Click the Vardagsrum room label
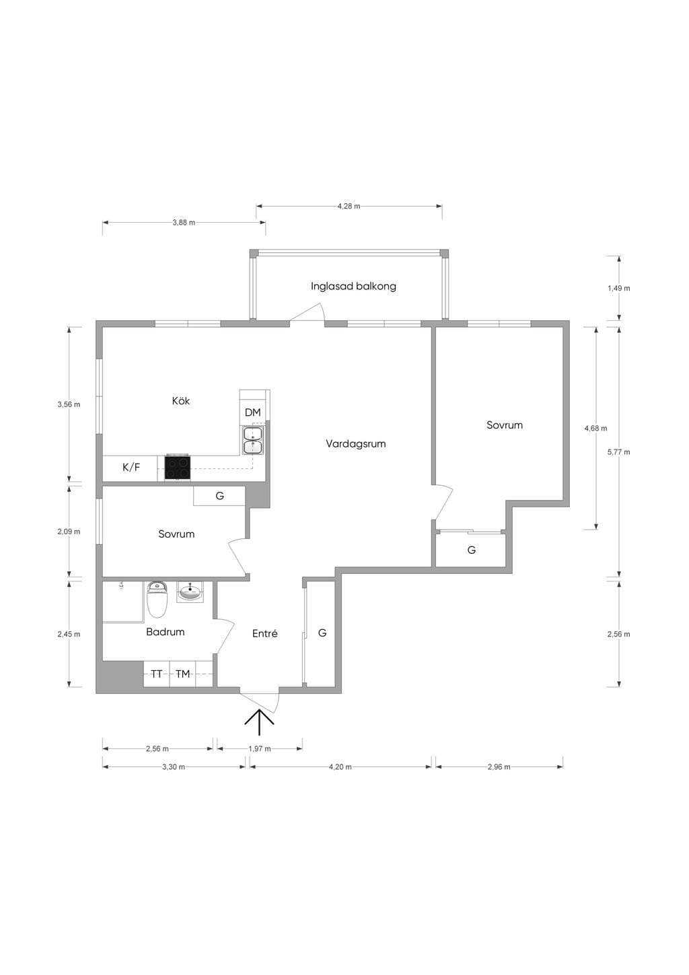pos(355,444)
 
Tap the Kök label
pos(180,400)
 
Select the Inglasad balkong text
pos(353,287)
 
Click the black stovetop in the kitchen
pos(177,468)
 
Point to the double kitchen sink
pos(253,441)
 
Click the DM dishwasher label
pos(252,412)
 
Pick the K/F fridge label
pos(131,468)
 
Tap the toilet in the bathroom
pos(157,600)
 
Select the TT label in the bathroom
pos(156,674)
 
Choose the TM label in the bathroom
pos(182,674)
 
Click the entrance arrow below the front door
pos(259,722)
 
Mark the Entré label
pos(264,634)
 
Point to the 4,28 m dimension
pos(349,207)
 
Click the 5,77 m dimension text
pos(618,452)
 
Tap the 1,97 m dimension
pos(260,749)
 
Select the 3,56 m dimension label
pos(69,404)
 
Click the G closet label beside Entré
pos(322,633)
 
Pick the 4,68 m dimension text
pos(595,429)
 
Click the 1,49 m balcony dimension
pos(618,288)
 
